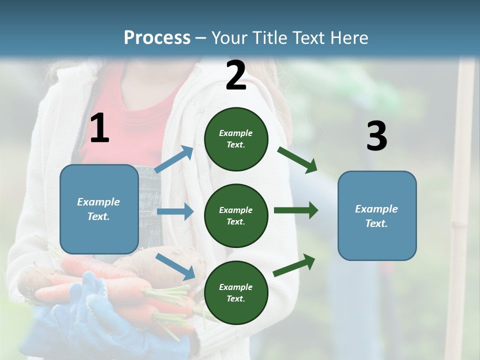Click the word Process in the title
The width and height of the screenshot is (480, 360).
point(157,38)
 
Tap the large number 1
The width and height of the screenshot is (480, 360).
point(99,129)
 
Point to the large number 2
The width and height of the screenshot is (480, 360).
point(236,76)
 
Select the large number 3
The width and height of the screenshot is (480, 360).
point(376,136)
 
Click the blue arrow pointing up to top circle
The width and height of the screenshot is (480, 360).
point(174,159)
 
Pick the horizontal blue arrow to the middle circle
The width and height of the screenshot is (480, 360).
point(175,211)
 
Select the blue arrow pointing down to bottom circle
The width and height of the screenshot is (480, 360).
point(175,266)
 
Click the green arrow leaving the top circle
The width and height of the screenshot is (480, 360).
point(297,160)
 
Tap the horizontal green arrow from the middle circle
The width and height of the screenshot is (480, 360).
point(295,210)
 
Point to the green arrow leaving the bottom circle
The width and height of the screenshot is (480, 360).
point(294,265)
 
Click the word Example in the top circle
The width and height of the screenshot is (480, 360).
point(236,133)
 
